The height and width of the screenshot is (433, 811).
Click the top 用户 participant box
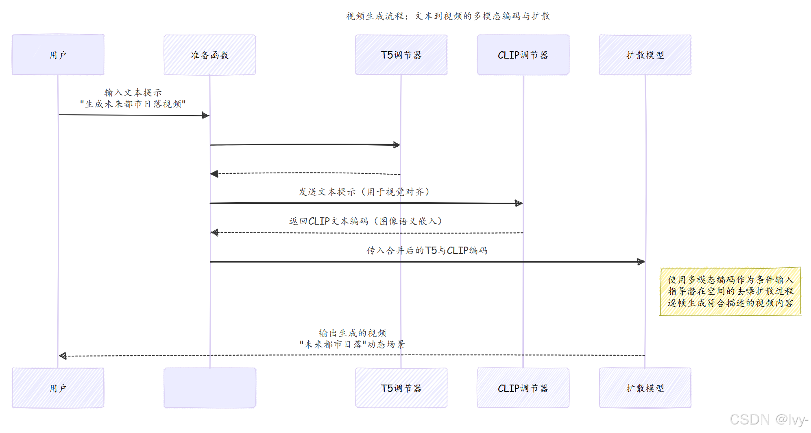tap(58, 55)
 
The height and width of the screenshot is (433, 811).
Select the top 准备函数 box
tap(209, 55)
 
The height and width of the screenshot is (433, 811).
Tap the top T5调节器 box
tap(401, 55)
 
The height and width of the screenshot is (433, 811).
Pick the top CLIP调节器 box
tap(523, 55)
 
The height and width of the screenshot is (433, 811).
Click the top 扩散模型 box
tap(645, 55)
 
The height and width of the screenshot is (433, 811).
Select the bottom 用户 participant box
tap(58, 388)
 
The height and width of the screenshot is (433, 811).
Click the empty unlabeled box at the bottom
tap(209, 388)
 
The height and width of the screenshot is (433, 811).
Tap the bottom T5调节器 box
tap(401, 388)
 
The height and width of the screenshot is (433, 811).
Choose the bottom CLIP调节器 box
tap(523, 388)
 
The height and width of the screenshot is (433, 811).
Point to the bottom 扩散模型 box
tap(645, 388)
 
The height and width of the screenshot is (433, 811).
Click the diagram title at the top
tap(448, 16)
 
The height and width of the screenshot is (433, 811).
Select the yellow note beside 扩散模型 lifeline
tap(730, 291)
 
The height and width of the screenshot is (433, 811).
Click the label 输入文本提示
tap(133, 93)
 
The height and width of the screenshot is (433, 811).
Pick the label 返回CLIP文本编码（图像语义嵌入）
tap(365, 221)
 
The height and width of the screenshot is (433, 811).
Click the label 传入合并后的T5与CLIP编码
tap(427, 250)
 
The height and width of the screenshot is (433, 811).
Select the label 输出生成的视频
tap(352, 333)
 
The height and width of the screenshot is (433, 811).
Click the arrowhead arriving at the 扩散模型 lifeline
tap(641, 262)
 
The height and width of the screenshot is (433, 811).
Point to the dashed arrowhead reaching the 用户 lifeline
tap(63, 356)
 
